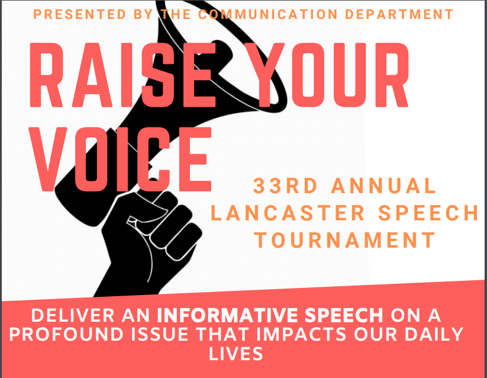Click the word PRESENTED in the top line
pos(79,14)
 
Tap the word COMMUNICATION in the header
pos(268,14)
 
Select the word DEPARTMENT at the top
pos(399,14)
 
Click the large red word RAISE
pos(122,75)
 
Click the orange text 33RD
pos(285,185)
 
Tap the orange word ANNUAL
pos(384,185)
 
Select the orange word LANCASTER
pos(288,213)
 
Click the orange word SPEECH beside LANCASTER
pos(428,213)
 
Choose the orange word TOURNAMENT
pos(345,240)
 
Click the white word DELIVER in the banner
pos(73,315)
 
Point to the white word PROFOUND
pos(66,335)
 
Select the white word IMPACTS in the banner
pos(301,335)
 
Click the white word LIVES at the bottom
pos(236,354)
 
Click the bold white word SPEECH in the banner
pos(344,315)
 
